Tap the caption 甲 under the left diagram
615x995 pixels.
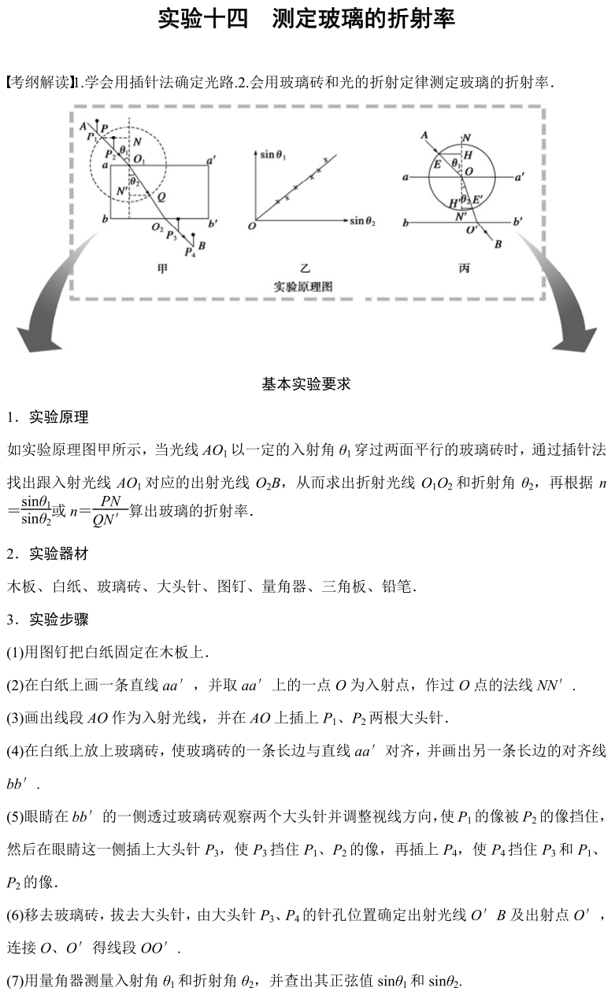tap(161, 268)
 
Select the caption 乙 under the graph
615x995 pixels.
tap(304, 268)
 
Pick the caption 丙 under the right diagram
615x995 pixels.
tap(464, 268)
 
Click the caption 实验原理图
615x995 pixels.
tap(303, 287)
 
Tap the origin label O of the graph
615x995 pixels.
tap(251, 227)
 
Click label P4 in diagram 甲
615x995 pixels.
tap(188, 252)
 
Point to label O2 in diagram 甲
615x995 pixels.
tap(157, 227)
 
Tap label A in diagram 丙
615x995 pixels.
tap(424, 135)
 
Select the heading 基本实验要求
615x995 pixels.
tap(306, 384)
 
